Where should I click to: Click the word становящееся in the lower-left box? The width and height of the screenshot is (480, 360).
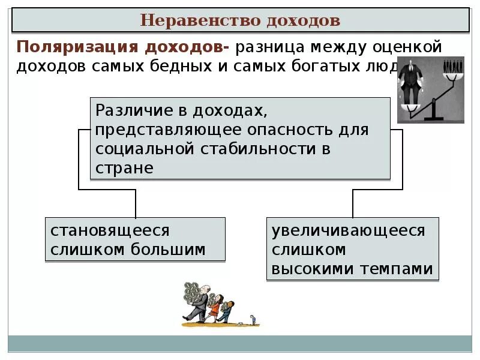pos(110,230)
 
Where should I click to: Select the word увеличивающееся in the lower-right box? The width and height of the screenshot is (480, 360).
pos(349,231)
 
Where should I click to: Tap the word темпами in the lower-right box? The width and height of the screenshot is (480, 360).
pos(397,269)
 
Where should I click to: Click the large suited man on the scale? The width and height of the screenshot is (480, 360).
pos(412,81)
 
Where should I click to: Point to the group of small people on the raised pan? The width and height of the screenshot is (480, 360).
pos(452,67)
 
